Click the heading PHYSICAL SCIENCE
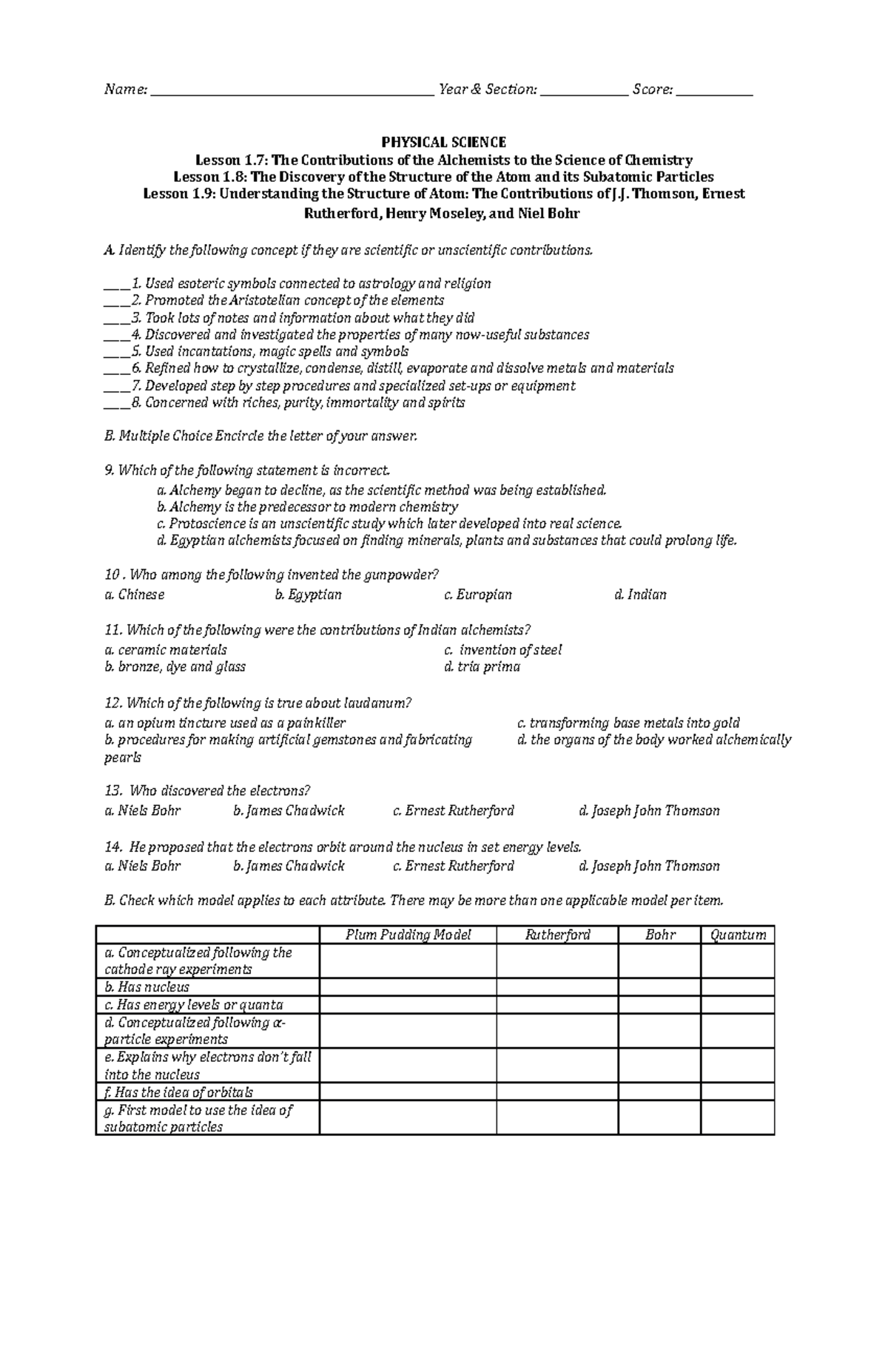443,142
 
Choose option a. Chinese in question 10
135,595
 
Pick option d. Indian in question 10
640,595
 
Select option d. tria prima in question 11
482,667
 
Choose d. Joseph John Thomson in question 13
649,811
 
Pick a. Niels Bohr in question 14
143,866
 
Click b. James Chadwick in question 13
289,811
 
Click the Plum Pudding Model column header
408,935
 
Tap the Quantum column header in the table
738,935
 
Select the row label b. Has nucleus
147,987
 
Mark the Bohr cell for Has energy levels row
659,1005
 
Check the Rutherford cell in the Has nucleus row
557,987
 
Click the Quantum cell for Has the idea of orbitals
738,1092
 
